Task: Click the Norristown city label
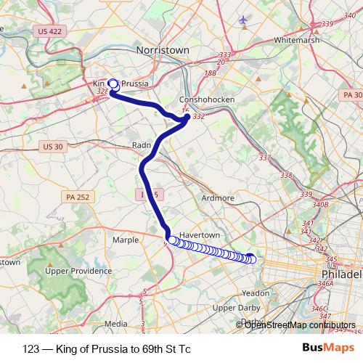(x=163, y=50)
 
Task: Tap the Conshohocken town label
(x=205, y=101)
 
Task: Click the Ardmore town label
(x=217, y=197)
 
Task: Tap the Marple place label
(x=126, y=239)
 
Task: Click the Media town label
(x=116, y=324)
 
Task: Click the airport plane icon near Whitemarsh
(x=242, y=20)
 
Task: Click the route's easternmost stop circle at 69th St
(x=251, y=258)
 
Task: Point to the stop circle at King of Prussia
(x=113, y=83)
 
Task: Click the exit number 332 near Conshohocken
(x=200, y=116)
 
